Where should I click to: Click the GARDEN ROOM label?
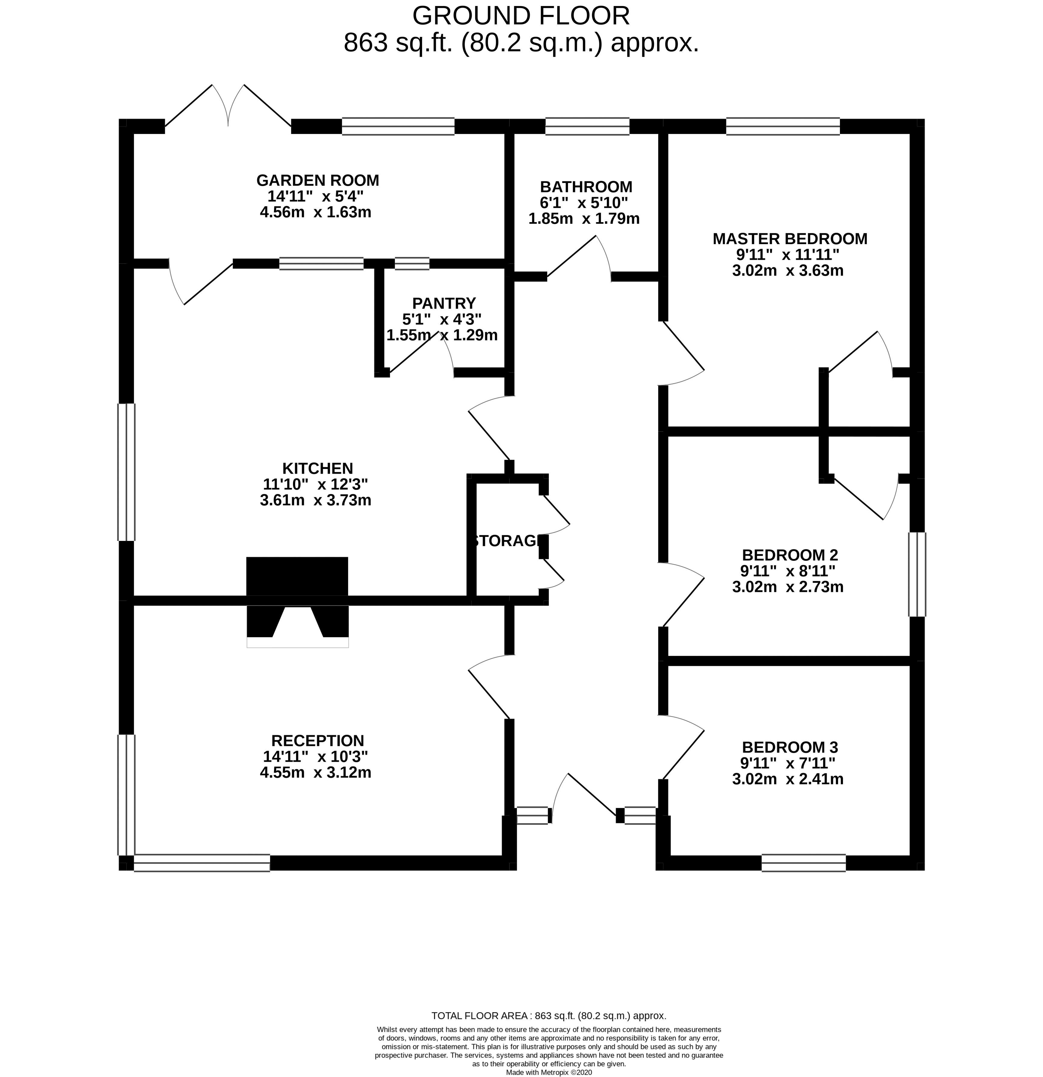[x=317, y=180]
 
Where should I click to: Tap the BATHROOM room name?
[x=585, y=187]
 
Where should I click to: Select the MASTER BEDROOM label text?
[x=789, y=239]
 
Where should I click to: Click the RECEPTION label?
[x=317, y=741]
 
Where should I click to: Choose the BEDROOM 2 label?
[x=789, y=555]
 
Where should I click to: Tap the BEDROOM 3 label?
[x=789, y=747]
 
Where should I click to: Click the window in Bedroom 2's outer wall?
[x=916, y=574]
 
